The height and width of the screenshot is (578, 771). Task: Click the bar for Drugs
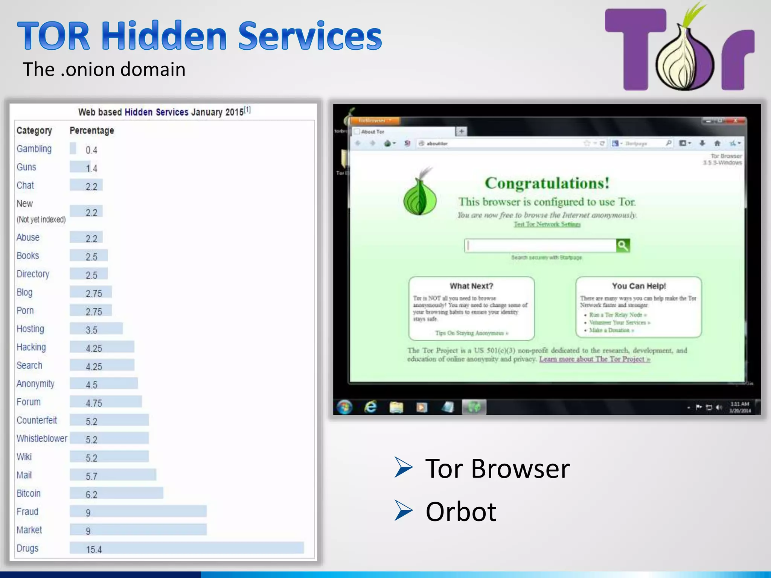pos(186,548)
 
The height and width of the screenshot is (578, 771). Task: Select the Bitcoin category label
pos(29,493)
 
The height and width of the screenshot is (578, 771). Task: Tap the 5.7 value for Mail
pos(91,476)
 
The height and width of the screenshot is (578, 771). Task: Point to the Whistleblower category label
pos(42,438)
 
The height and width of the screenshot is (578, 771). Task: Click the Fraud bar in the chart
pos(138,511)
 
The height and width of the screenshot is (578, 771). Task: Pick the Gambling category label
pos(34,149)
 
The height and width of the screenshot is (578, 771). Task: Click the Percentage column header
pos(92,131)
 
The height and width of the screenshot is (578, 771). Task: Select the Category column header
pos(34,131)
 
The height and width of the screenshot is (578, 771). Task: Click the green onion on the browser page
pos(420,196)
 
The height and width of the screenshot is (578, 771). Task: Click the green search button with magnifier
pos(623,246)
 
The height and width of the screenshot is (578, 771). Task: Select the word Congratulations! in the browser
pos(547,183)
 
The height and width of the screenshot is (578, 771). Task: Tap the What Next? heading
pos(471,286)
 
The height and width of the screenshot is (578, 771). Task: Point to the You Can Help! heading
pos(639,286)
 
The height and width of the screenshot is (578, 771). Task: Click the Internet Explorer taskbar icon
pos(371,407)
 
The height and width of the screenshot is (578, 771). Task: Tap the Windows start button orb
pos(344,407)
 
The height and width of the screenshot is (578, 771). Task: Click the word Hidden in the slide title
pos(164,36)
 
